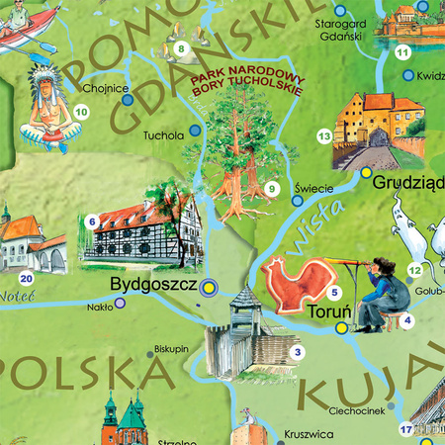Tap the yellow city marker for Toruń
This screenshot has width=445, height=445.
pyautogui.click(x=342, y=327)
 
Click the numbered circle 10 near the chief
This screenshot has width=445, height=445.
pyautogui.click(x=81, y=113)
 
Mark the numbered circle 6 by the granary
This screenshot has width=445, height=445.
pyautogui.click(x=92, y=222)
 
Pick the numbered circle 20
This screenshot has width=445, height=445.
pyautogui.click(x=27, y=280)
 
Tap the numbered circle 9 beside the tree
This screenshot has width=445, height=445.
pyautogui.click(x=271, y=190)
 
